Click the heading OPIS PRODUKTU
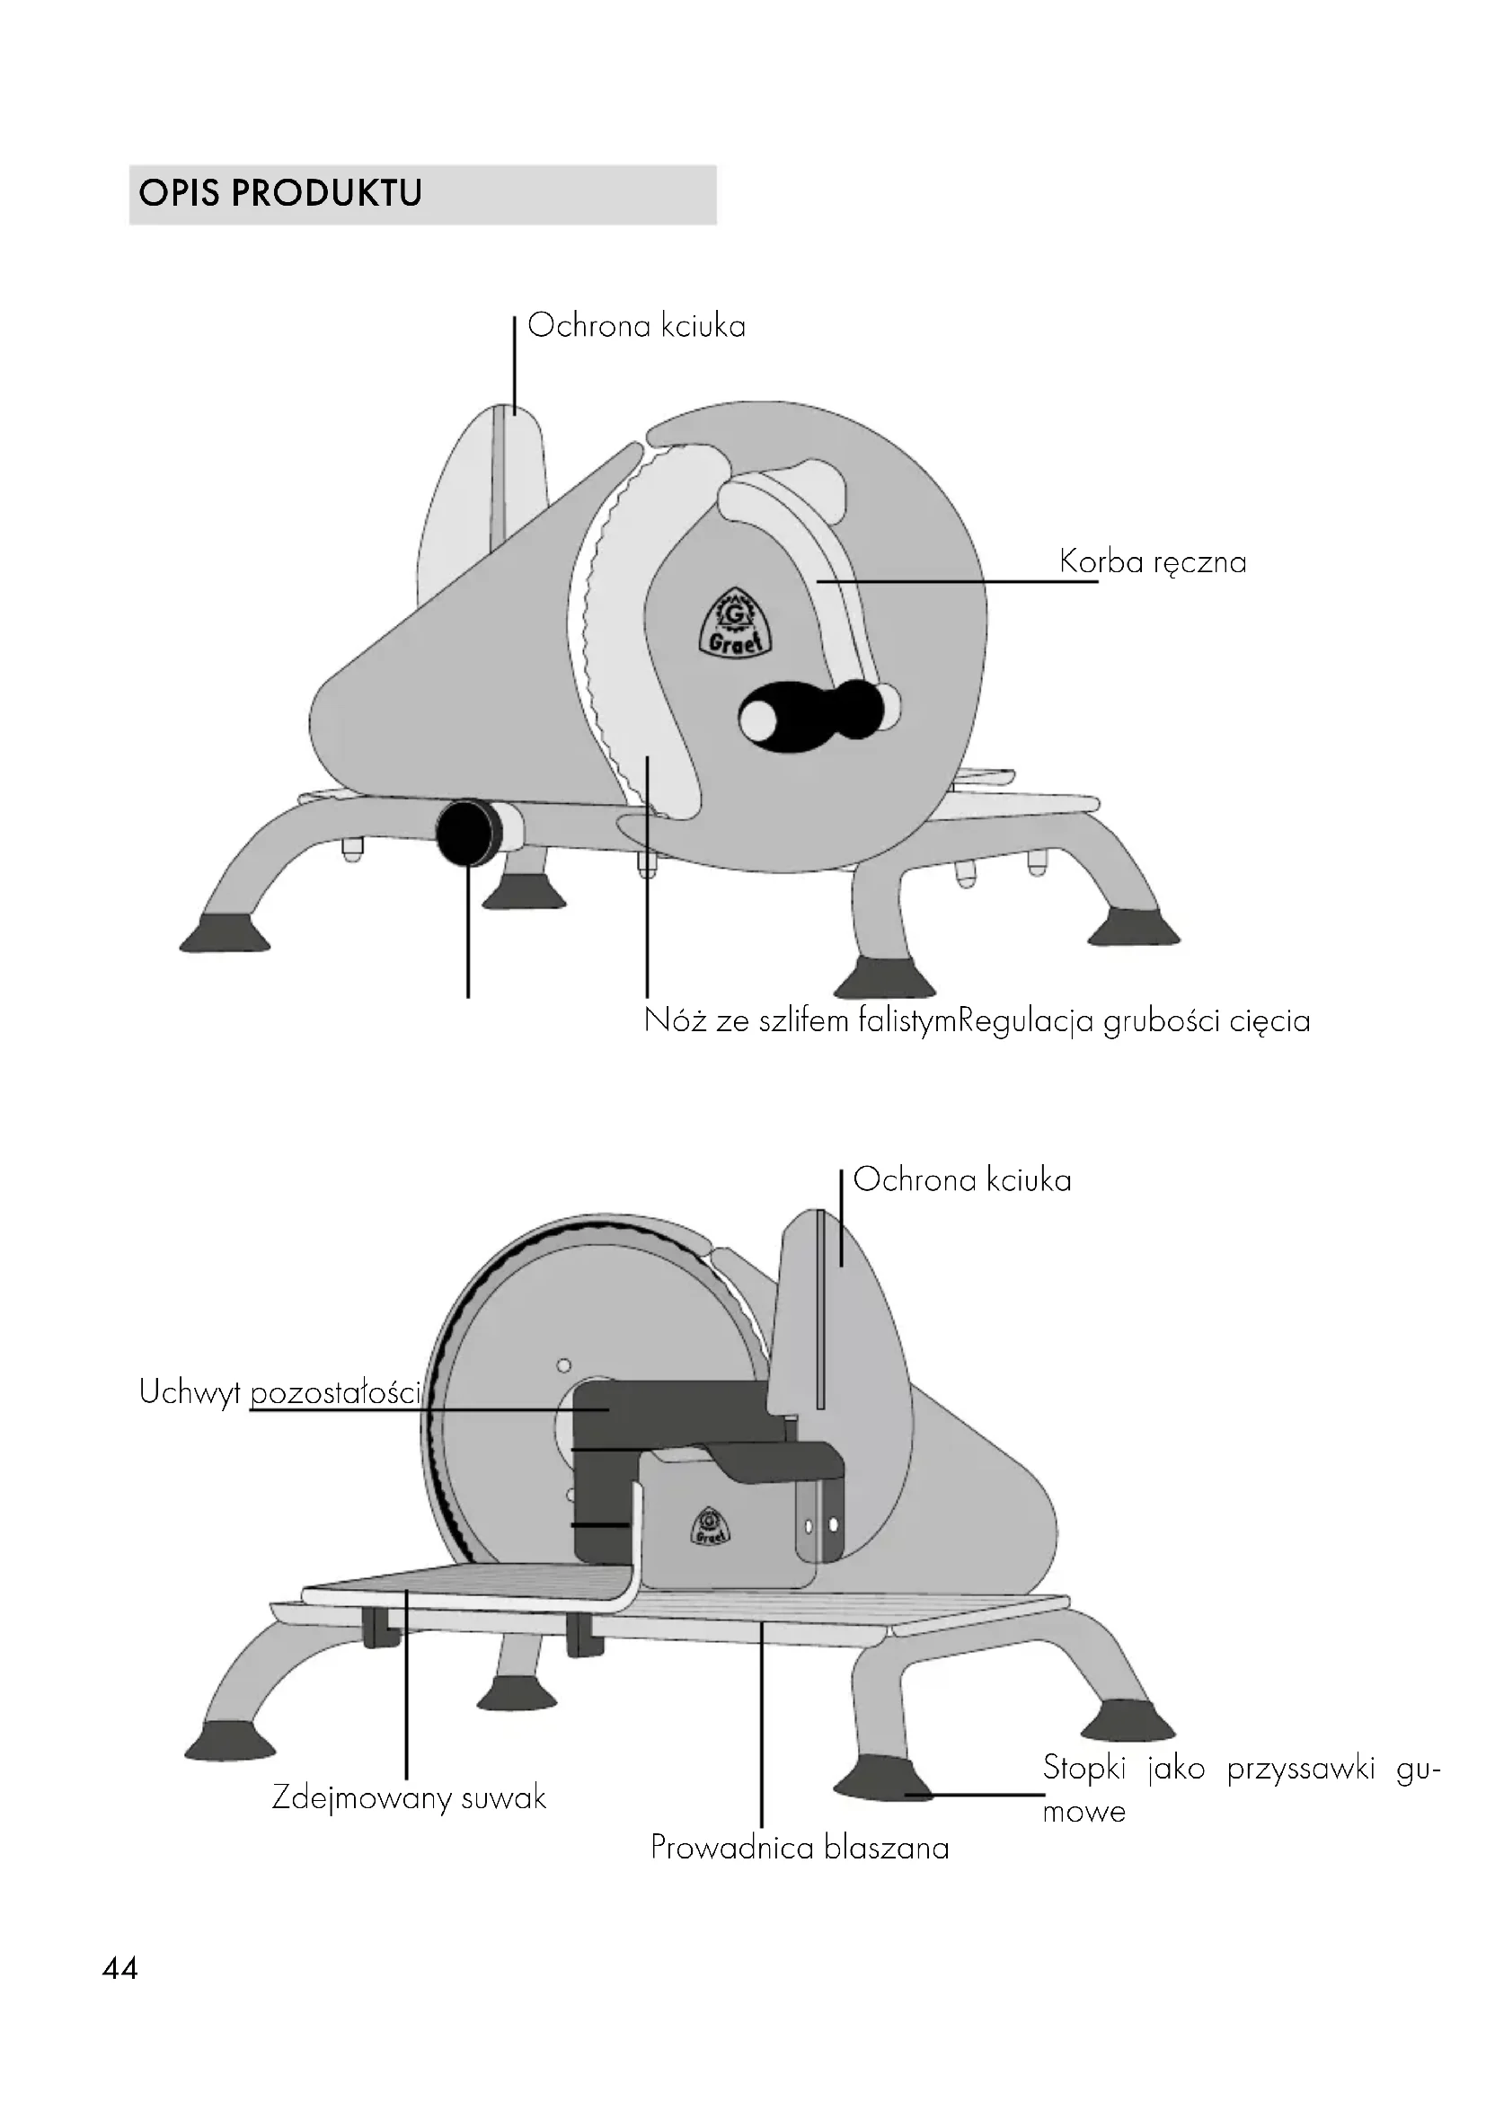tap(280, 193)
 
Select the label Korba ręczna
tap(1152, 561)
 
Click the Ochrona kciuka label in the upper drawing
tap(636, 326)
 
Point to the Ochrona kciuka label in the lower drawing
tap(961, 1179)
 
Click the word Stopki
tap(1084, 1767)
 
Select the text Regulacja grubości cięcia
tap(1134, 1020)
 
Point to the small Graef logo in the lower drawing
tap(709, 1525)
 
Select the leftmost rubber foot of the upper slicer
tap(226, 935)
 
